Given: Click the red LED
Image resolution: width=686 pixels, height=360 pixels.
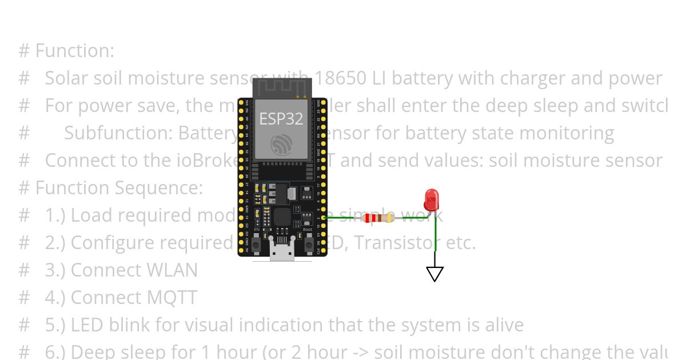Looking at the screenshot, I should coord(431,200).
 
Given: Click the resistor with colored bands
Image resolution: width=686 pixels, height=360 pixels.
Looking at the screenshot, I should coord(378,218).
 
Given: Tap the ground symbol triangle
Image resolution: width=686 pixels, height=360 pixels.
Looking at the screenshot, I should coord(435,274).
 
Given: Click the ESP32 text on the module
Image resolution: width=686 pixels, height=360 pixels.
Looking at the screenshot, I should coord(281,118).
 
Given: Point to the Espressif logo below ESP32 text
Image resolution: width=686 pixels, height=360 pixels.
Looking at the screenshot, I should coord(282,144).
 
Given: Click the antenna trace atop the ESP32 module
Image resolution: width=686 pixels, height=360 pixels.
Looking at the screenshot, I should coord(282,87).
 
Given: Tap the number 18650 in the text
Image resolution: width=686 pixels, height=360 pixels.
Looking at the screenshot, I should coord(341,78).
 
